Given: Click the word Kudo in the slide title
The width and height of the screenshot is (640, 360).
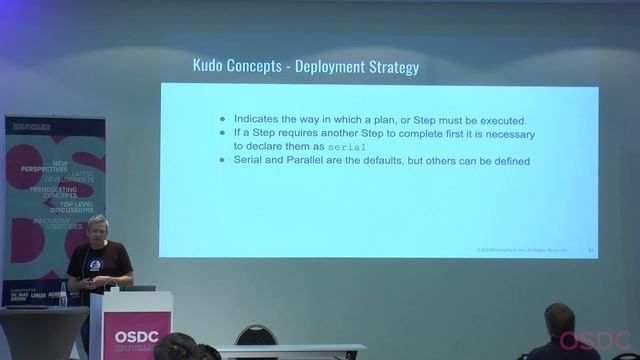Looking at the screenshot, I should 210,67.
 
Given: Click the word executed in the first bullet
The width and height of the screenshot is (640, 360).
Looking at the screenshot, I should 497,119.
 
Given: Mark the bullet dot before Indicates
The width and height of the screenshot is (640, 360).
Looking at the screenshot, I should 223,119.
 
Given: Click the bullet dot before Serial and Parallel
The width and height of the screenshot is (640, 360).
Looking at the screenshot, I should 223,160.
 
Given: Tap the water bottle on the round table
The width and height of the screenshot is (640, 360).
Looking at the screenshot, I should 63,294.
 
